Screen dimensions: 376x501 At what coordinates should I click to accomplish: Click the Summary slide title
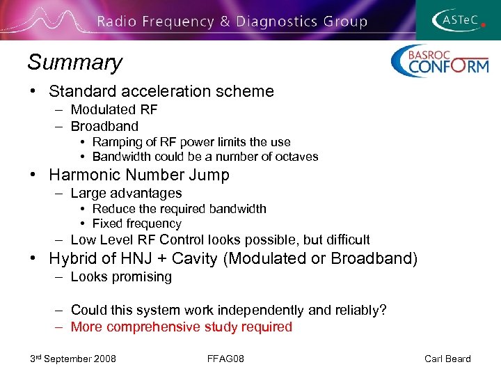click(74, 63)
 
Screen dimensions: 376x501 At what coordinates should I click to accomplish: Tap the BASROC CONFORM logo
click(439, 61)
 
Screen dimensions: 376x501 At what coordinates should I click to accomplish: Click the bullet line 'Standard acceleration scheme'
click(161, 91)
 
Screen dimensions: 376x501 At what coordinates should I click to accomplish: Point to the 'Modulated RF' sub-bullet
click(114, 110)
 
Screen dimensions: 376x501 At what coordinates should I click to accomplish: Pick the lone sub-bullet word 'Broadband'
click(104, 126)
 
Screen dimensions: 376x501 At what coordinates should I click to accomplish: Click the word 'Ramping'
click(115, 142)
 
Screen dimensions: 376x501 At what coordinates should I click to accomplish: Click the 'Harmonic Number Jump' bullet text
click(139, 175)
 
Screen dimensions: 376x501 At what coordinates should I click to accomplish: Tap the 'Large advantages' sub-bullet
click(126, 193)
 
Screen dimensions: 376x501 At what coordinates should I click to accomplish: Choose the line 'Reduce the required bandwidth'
click(179, 209)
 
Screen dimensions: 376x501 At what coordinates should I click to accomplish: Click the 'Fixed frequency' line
click(136, 224)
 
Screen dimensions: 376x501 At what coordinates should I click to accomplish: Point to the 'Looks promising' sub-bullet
click(121, 276)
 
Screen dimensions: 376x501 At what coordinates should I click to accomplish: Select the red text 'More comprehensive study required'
click(181, 327)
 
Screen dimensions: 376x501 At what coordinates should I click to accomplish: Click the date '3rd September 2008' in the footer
click(73, 359)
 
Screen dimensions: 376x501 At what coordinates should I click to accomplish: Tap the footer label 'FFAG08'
click(225, 359)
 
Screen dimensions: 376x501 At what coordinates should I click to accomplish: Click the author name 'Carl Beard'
click(447, 359)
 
